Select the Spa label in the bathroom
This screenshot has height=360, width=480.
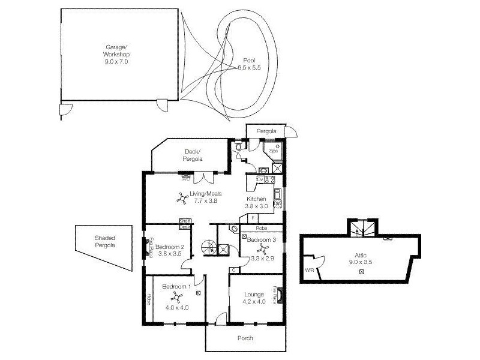(x=274, y=151)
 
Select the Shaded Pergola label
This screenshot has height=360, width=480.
(x=104, y=241)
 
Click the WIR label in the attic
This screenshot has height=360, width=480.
(x=310, y=270)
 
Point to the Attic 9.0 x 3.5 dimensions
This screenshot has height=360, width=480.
(x=361, y=262)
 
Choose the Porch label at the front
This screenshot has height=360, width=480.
(x=245, y=338)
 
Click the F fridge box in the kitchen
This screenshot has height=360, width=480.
(x=254, y=218)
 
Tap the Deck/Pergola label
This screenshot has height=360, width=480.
(x=193, y=155)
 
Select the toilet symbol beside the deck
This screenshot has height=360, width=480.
(x=239, y=146)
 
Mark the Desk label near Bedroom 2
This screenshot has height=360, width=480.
(x=185, y=227)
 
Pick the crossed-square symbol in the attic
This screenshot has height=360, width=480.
(x=361, y=272)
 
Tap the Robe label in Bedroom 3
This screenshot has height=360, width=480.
(x=261, y=229)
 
